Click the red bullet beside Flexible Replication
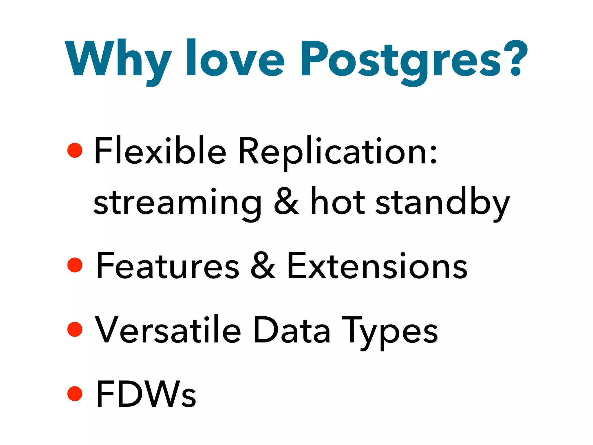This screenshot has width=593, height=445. [x=75, y=150]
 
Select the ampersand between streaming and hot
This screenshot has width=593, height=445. [x=286, y=201]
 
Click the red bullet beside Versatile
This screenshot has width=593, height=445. [x=75, y=329]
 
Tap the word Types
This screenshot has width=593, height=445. [x=390, y=332]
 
